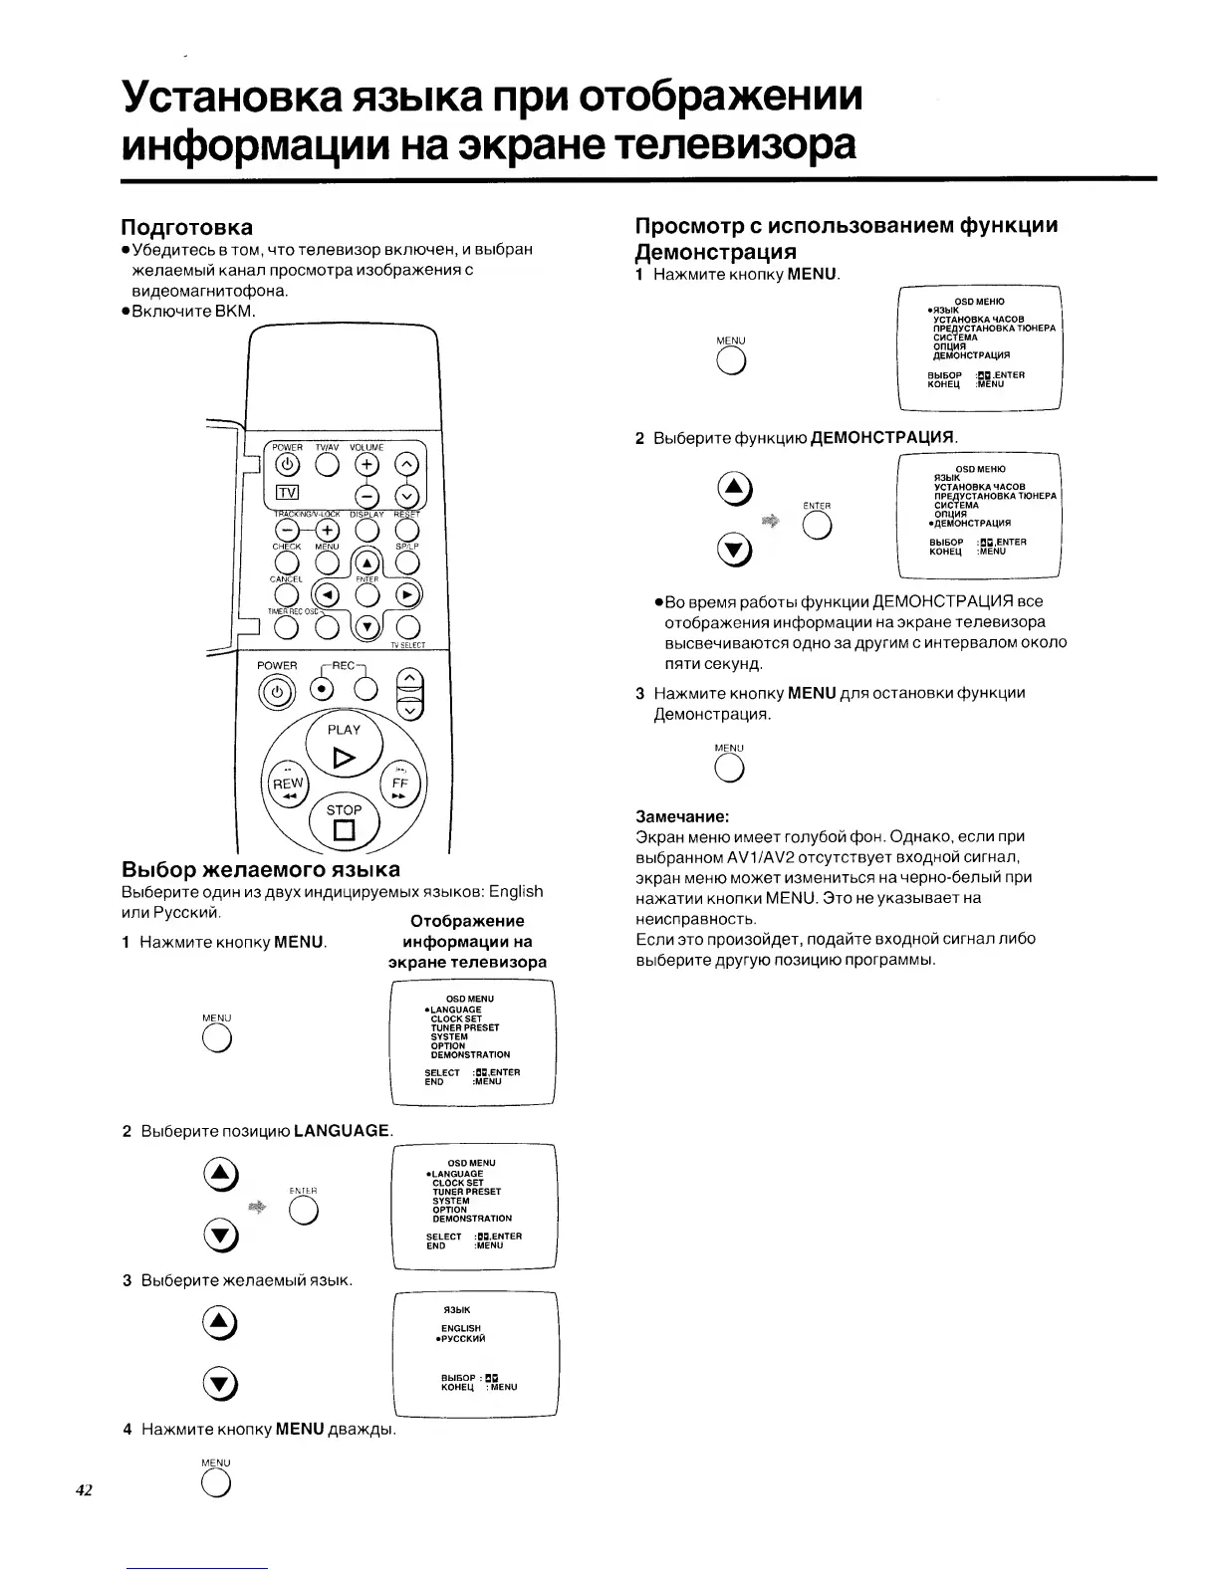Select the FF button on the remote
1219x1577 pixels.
[x=399, y=785]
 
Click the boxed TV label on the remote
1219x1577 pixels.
[x=287, y=493]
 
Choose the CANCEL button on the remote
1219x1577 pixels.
[x=286, y=595]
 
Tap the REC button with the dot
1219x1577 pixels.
[x=322, y=689]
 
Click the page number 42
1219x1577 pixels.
[x=84, y=1490]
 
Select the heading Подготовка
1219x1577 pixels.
[x=186, y=227]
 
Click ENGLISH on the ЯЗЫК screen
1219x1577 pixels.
[x=461, y=1328]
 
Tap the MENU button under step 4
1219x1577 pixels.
[x=216, y=1485]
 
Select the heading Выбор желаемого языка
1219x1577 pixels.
[x=260, y=869]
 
